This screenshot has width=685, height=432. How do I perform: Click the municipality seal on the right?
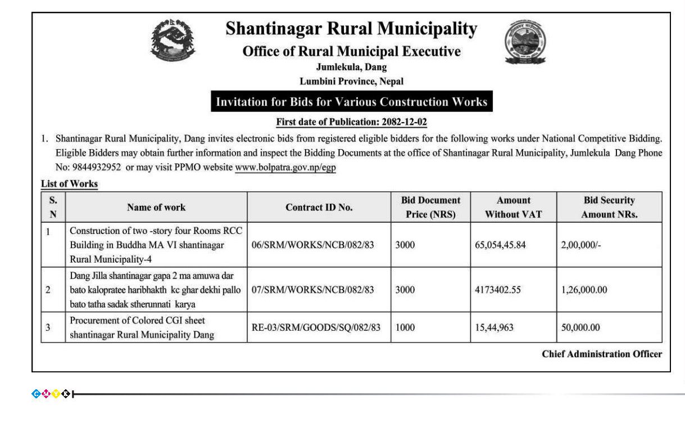click(525, 41)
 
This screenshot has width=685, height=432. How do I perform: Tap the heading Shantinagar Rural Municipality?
click(351, 29)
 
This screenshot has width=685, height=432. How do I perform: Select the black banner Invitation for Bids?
click(352, 102)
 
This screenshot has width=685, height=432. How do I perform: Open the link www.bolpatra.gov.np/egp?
click(285, 168)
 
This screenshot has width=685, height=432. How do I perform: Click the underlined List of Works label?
click(69, 184)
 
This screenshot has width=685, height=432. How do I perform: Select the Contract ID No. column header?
click(319, 207)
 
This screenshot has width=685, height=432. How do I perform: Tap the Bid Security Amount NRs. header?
click(609, 207)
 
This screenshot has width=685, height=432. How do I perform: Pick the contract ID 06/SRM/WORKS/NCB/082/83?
click(313, 245)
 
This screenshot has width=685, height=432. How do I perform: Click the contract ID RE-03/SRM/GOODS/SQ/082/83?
click(316, 327)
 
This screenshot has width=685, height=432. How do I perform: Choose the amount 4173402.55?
click(498, 290)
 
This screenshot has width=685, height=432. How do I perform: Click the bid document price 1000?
click(405, 327)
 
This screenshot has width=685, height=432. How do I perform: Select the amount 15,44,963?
click(494, 327)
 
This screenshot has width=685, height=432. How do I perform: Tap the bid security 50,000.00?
click(580, 327)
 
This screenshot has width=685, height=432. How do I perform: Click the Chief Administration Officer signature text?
click(602, 354)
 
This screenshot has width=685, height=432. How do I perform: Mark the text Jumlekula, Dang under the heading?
click(351, 67)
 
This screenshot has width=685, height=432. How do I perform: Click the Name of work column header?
click(156, 207)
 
